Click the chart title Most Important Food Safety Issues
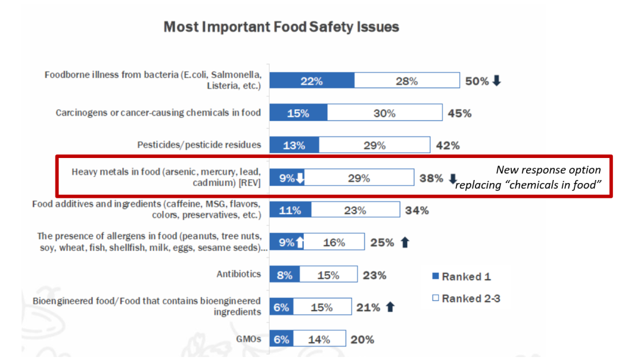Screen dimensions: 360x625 [281, 27]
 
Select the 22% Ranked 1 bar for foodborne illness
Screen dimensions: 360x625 [311, 81]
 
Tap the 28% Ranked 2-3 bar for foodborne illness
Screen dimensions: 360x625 [406, 81]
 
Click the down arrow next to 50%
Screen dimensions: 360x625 [496, 81]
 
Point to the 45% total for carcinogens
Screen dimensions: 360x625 [460, 113]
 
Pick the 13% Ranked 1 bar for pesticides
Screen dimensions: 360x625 [294, 146]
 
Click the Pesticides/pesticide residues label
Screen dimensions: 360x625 [199, 145]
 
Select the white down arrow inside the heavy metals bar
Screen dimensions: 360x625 [300, 179]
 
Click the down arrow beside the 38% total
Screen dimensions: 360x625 [452, 179]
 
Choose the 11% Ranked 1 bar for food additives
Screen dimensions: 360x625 [290, 211]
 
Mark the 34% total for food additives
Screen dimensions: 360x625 [416, 211]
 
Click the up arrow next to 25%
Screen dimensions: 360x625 [403, 243]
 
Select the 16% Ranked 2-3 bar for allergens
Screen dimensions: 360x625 [334, 243]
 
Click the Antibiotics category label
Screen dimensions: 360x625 [239, 275]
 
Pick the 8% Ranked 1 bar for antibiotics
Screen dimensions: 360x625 [284, 275]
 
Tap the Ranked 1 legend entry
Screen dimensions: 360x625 [461, 277]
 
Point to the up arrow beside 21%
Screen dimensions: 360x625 [391, 307]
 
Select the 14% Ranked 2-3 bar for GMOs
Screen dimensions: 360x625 [319, 339]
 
